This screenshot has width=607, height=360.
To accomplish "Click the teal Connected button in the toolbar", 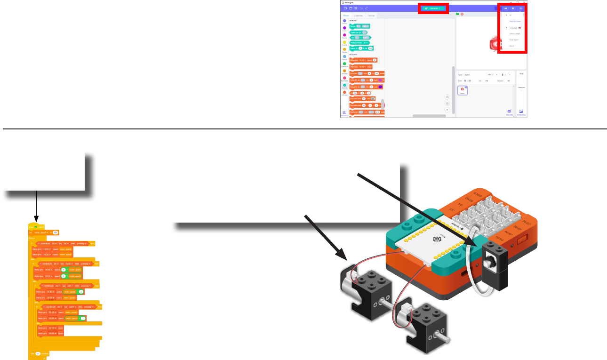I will pos(433,8).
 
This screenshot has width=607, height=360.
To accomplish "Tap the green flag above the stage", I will pos(457,14).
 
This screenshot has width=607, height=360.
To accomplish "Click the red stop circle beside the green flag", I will pos(462,14).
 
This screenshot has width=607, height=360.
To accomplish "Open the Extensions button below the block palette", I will pos(344,113).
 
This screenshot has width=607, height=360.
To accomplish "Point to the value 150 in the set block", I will pos(56,232).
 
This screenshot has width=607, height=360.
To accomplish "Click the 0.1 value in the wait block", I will pos(39,353).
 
